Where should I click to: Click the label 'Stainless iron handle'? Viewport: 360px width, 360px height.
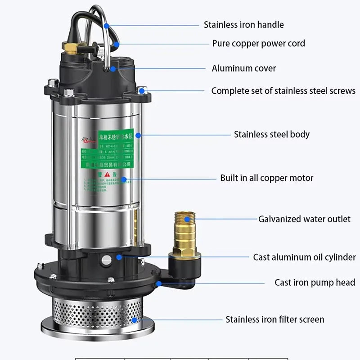pos(243,25)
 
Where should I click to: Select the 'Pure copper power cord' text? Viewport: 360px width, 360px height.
pos(258,44)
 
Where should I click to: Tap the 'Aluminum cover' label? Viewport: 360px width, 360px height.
pos(244,68)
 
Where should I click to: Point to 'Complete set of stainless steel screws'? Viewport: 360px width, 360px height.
pos(283,91)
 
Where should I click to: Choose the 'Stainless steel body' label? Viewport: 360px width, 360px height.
pos(271,134)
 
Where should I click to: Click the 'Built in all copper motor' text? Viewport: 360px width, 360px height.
pos(266,178)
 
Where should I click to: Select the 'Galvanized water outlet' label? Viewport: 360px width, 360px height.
pos(304,219)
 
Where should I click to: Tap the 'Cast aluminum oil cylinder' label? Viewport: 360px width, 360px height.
pos(304,257)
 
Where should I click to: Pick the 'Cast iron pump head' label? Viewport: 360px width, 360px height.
pos(315,283)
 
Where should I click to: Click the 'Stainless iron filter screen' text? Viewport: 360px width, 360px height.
pos(274,319)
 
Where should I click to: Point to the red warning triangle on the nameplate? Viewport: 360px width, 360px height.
pos(107,174)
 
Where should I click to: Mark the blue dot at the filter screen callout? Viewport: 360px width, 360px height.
pos(135,320)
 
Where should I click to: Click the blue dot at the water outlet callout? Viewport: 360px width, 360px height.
pos(194,219)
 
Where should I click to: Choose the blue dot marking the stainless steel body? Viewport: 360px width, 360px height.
pos(138,134)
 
